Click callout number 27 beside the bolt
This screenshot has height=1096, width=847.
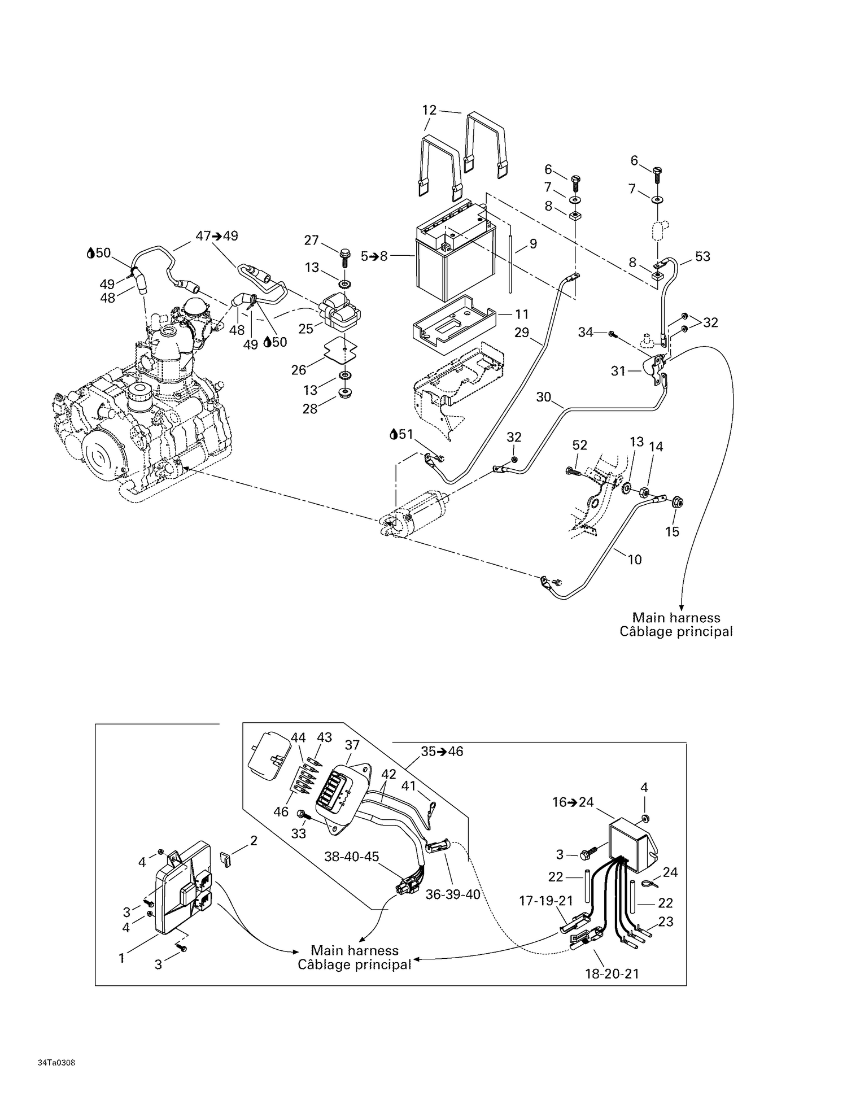(312, 240)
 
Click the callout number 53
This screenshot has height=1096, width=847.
(702, 256)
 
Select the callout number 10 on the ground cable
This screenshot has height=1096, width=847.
(635, 560)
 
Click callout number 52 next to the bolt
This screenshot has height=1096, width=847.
(580, 445)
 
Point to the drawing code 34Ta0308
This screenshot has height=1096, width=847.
(56, 1063)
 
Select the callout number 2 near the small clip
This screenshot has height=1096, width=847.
(254, 841)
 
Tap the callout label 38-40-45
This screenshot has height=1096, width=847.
(351, 857)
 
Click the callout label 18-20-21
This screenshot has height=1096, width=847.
(612, 973)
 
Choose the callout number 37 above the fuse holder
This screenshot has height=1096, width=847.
(352, 745)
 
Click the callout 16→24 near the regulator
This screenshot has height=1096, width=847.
(573, 802)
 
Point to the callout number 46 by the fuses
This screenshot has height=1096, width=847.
(281, 812)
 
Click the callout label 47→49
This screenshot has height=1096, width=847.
(217, 236)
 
